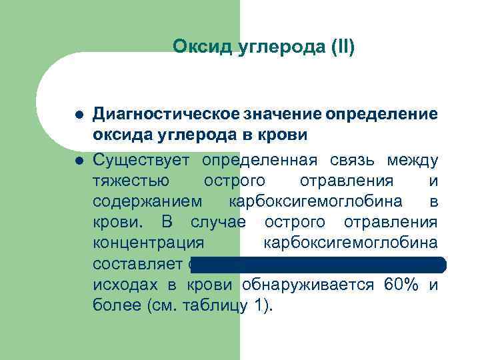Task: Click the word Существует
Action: (141, 161)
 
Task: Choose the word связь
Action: (353, 161)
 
